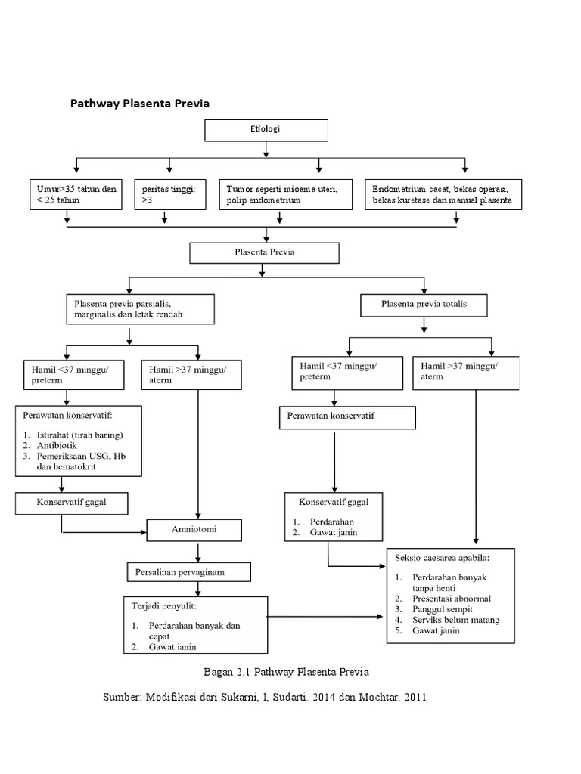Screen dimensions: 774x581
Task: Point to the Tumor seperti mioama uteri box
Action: click(286, 194)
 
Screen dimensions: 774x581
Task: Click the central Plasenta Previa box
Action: click(264, 253)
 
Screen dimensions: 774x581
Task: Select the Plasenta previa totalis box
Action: click(424, 305)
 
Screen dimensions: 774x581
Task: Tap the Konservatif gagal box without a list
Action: click(72, 502)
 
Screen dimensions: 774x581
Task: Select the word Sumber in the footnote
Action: click(120, 697)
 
